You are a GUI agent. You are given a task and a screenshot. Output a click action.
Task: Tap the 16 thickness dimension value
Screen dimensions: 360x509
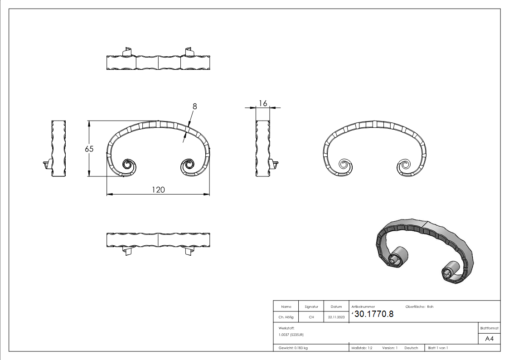[x=263, y=103]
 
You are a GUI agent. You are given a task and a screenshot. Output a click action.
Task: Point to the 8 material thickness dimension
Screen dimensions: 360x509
[x=194, y=107]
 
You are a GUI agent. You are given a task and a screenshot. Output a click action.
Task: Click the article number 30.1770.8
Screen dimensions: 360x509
[x=373, y=314]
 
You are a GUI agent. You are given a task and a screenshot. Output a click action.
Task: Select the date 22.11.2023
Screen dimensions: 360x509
[x=336, y=317]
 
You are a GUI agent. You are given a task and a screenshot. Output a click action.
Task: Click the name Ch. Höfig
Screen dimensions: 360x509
[x=286, y=317]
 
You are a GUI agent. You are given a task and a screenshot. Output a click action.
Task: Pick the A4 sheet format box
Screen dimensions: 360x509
[x=489, y=339]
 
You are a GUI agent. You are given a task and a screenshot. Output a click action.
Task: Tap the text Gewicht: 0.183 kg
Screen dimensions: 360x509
[x=293, y=348]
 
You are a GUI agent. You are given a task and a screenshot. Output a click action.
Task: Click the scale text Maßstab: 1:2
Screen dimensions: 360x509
[x=362, y=348]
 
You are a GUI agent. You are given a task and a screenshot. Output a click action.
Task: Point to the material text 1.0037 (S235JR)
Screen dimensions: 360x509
[x=291, y=335]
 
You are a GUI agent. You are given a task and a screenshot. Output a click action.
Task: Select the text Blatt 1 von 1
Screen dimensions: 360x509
[x=438, y=348]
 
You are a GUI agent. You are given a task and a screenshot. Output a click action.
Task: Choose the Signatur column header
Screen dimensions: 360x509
[x=311, y=306]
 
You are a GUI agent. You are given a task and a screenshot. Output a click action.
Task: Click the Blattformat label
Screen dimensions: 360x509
[x=489, y=328]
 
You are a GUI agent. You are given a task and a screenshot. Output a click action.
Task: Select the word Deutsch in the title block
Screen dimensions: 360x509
[x=411, y=348]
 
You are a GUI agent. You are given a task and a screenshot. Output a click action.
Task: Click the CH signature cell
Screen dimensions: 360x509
[x=311, y=317]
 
